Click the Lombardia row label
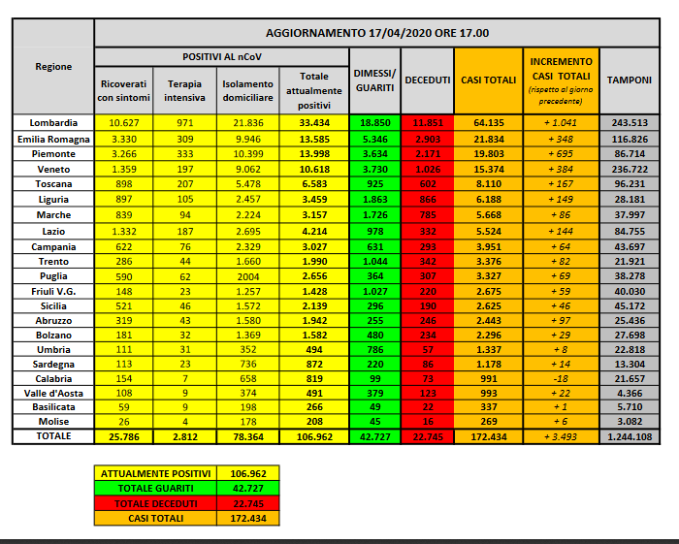click(52, 122)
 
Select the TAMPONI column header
click(629, 79)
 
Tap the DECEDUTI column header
click(426, 79)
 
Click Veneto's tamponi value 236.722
click(629, 169)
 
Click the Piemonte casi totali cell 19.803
click(488, 153)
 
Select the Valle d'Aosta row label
click(52, 394)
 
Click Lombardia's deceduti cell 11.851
click(426, 122)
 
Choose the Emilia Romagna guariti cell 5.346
click(375, 138)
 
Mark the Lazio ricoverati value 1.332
click(126, 231)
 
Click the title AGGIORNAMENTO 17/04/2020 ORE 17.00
click(385, 33)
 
